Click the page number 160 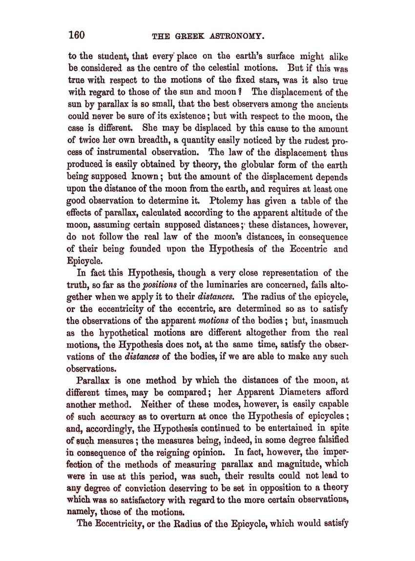point(77,35)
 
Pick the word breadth point(154,140)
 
